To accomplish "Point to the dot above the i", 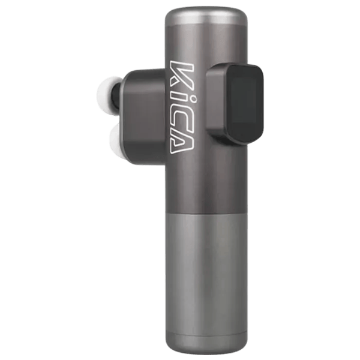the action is (193, 100).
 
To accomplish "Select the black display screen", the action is (245, 104).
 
